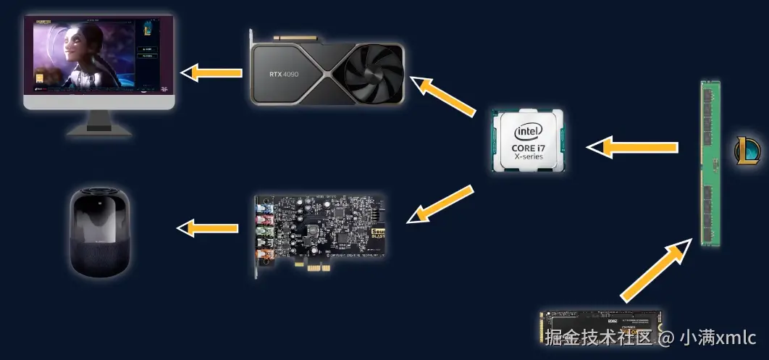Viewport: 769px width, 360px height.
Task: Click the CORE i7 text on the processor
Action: coord(528,148)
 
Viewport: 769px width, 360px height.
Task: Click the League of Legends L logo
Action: coord(747,150)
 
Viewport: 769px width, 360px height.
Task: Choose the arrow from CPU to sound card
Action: coord(441,204)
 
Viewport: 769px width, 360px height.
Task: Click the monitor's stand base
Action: coord(99,130)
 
